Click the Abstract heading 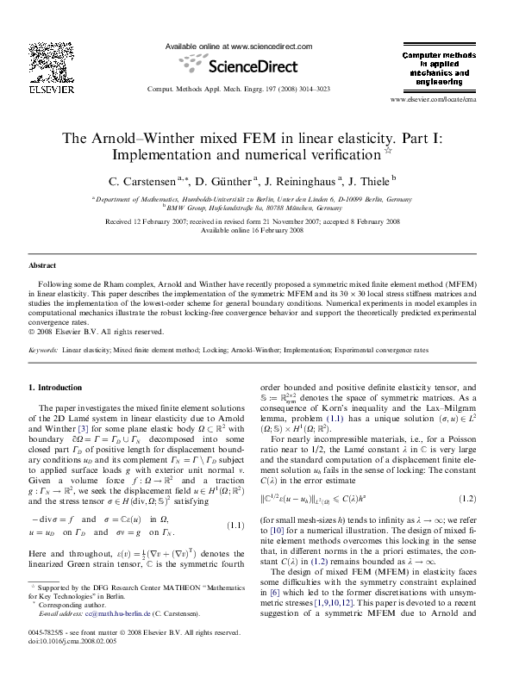42,266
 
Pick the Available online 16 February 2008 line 258,230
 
